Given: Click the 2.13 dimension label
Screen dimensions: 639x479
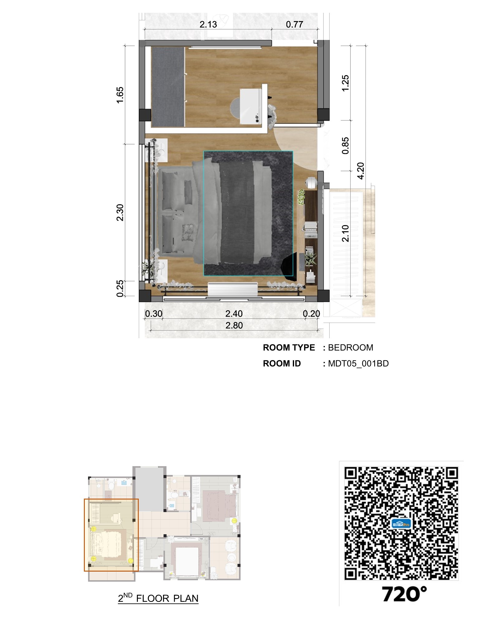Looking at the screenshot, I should point(208,24).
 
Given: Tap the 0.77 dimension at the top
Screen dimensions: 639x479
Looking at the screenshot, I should point(294,24).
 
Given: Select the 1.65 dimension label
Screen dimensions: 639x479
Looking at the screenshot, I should point(120,95).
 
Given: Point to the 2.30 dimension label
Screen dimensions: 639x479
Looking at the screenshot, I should point(120,212).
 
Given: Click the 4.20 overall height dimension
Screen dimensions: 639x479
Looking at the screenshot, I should point(360,171).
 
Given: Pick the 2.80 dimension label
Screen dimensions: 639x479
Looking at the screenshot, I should point(234,325).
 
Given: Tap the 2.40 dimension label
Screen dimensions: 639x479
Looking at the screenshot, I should point(234,314).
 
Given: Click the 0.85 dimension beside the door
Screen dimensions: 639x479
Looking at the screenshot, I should point(345,146).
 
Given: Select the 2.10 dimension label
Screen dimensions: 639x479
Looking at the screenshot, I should point(345,233).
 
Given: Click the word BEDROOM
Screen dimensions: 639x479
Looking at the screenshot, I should point(351,348).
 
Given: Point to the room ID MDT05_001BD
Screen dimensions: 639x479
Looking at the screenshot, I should point(358,363).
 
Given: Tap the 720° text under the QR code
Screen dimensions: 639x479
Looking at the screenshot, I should point(404,594).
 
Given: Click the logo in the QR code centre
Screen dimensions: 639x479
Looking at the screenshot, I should point(401,523).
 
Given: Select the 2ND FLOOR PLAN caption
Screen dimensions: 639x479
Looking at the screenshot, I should point(158,598).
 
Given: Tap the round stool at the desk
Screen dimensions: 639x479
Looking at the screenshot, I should point(235,108).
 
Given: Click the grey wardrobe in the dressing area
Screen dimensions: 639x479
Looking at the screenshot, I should point(168,87).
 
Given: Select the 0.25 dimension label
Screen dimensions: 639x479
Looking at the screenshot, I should point(120,289).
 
